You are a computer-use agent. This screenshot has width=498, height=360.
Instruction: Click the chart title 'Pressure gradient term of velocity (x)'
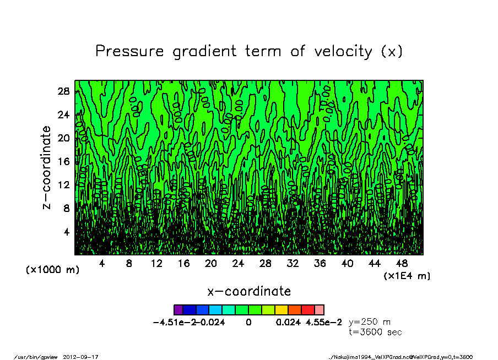[x=249, y=51]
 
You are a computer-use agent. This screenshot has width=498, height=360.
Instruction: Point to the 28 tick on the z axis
[x=63, y=91]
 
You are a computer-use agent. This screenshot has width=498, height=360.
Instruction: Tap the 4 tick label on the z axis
[x=66, y=232]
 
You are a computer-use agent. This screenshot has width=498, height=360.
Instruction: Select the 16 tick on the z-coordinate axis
[x=63, y=161]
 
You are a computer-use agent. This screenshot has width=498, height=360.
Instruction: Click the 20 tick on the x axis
[x=211, y=264]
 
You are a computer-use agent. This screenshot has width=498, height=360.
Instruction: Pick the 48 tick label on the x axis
[x=402, y=264]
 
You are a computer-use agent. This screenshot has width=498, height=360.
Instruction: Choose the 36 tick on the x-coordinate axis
[x=320, y=264]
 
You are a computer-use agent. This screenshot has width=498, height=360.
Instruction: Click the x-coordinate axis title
[x=249, y=291]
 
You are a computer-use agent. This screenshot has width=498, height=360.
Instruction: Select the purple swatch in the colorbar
[x=178, y=310]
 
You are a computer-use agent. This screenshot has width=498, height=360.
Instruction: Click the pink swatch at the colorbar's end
[x=320, y=310]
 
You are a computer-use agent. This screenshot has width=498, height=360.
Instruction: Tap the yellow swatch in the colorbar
[x=282, y=310]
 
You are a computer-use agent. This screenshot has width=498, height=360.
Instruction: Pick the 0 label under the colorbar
[x=249, y=323]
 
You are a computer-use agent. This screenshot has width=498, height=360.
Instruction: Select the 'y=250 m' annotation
[x=370, y=322]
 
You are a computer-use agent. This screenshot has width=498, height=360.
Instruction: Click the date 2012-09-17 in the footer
[x=85, y=357]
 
